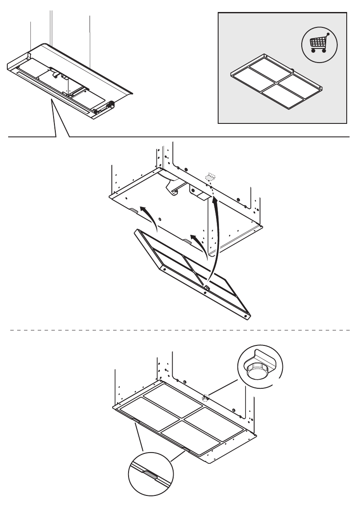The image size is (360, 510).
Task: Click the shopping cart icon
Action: coord(318,43)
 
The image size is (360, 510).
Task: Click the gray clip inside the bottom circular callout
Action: coord(150,474)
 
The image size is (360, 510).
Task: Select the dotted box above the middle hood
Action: coord(210,177)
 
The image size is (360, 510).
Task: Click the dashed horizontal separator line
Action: coord(180,330)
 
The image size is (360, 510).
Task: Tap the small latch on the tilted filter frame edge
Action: coord(206,287)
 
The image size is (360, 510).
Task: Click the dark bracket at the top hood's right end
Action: coord(113,104)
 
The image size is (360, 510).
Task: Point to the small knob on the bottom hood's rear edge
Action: coord(206,397)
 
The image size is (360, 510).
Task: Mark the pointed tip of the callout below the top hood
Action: coord(52,101)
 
